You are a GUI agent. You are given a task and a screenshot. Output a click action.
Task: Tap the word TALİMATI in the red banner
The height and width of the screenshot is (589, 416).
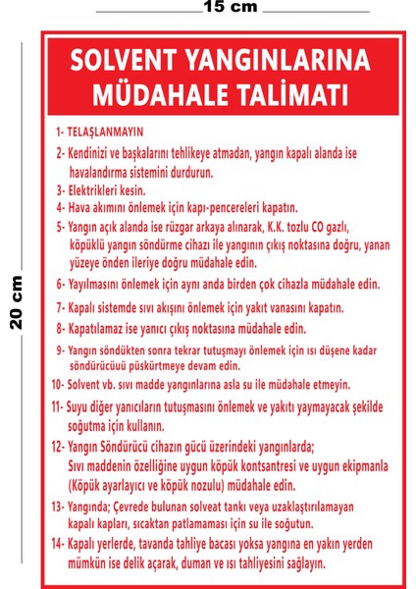click(293, 95)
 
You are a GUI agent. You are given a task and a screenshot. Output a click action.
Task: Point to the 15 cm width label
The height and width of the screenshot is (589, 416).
click(231, 8)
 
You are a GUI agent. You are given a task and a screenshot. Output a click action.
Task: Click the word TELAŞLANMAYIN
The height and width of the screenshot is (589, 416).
click(105, 131)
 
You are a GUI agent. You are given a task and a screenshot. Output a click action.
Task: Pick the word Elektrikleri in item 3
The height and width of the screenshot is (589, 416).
click(96, 188)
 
